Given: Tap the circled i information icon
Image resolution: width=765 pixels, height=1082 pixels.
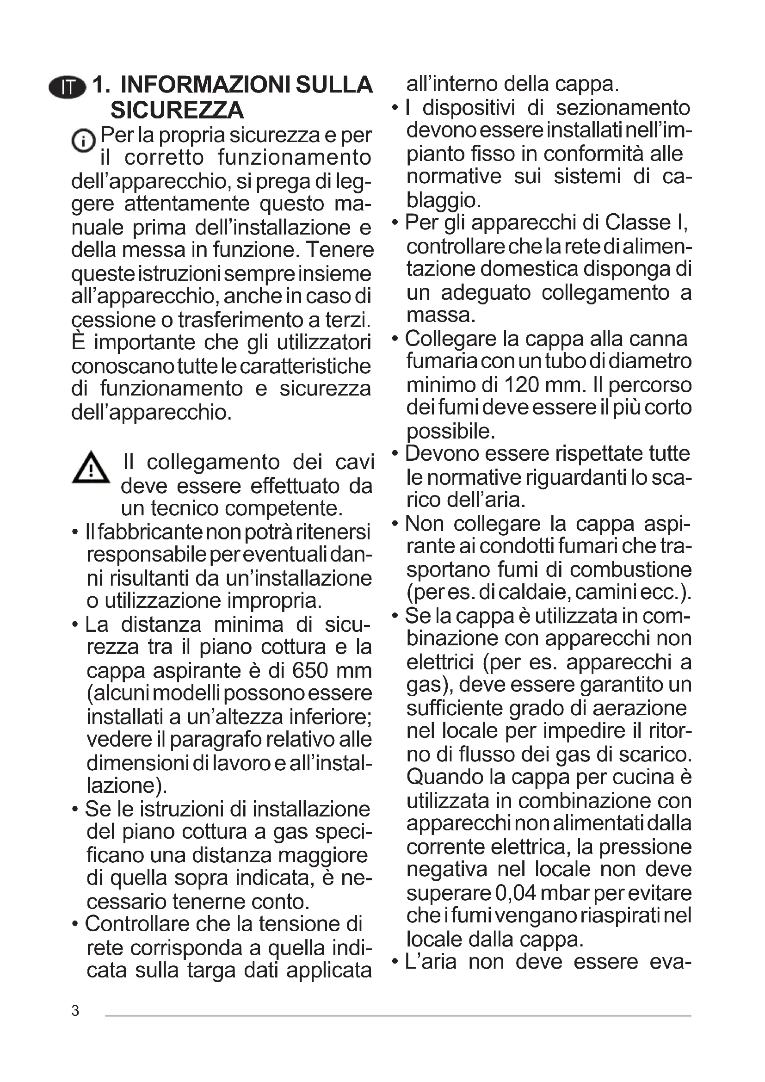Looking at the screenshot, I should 83,141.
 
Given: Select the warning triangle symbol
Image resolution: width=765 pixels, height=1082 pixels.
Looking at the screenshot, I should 91,468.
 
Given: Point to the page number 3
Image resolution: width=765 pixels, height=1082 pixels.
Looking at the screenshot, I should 75,1010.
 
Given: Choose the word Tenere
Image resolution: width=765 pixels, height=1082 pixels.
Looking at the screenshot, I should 339,249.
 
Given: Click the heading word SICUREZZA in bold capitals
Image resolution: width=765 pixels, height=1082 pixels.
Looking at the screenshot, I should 177,110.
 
